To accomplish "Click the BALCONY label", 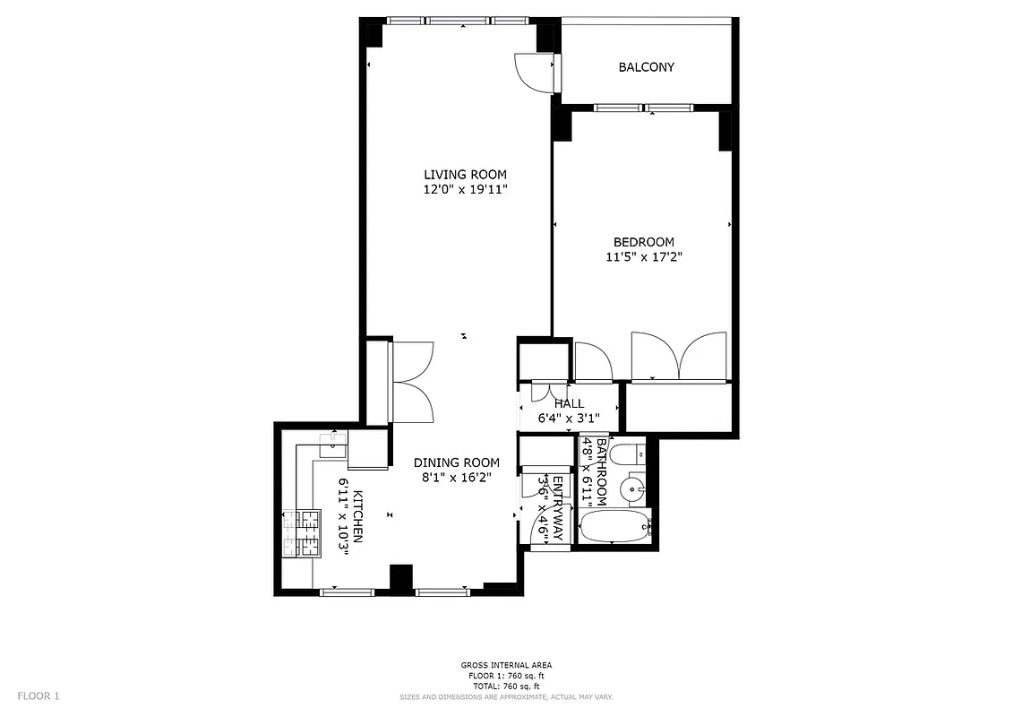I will (x=646, y=67).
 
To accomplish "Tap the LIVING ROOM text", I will (x=465, y=175).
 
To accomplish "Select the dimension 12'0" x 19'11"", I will (x=465, y=190).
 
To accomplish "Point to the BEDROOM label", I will (x=643, y=242).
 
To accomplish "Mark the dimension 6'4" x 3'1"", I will (x=568, y=418).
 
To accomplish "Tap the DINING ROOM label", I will (x=456, y=462).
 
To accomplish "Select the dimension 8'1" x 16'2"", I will (x=456, y=478).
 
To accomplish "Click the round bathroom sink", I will (x=636, y=488).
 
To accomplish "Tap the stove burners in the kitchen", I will (x=303, y=533).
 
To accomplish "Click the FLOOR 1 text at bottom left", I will (x=39, y=695).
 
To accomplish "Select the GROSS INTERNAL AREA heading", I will (x=506, y=665).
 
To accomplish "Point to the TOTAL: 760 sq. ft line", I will (x=506, y=685).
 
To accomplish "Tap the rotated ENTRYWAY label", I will (x=557, y=508).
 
